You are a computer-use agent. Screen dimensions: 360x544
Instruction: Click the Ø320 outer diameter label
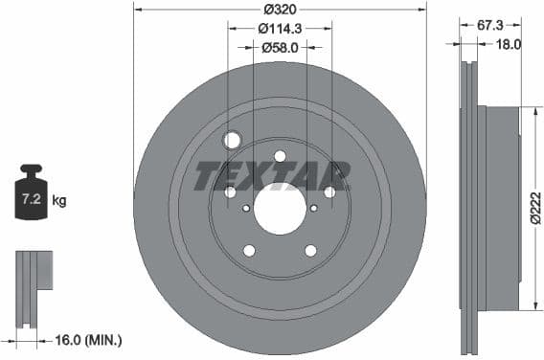click(x=280, y=9)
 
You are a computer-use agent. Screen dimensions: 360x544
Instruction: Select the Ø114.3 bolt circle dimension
click(x=280, y=28)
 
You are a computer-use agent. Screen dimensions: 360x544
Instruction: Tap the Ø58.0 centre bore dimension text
click(x=280, y=46)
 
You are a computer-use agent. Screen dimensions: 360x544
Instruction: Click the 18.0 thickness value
click(x=508, y=44)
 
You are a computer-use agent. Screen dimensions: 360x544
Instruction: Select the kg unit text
click(x=58, y=201)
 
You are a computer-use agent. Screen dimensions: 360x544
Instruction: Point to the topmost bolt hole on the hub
click(x=280, y=156)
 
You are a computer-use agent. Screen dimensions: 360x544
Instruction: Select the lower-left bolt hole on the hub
click(x=249, y=251)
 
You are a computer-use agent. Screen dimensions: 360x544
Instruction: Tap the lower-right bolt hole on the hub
click(x=310, y=251)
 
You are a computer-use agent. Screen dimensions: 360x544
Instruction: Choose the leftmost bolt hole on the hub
click(x=230, y=192)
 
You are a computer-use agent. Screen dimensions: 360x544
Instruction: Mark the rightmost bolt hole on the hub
click(x=329, y=192)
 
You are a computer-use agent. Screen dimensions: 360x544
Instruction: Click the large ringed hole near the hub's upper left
click(x=232, y=141)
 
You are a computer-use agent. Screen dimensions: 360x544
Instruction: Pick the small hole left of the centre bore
click(x=246, y=208)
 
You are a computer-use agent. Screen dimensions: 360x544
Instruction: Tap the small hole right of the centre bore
click(x=313, y=208)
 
